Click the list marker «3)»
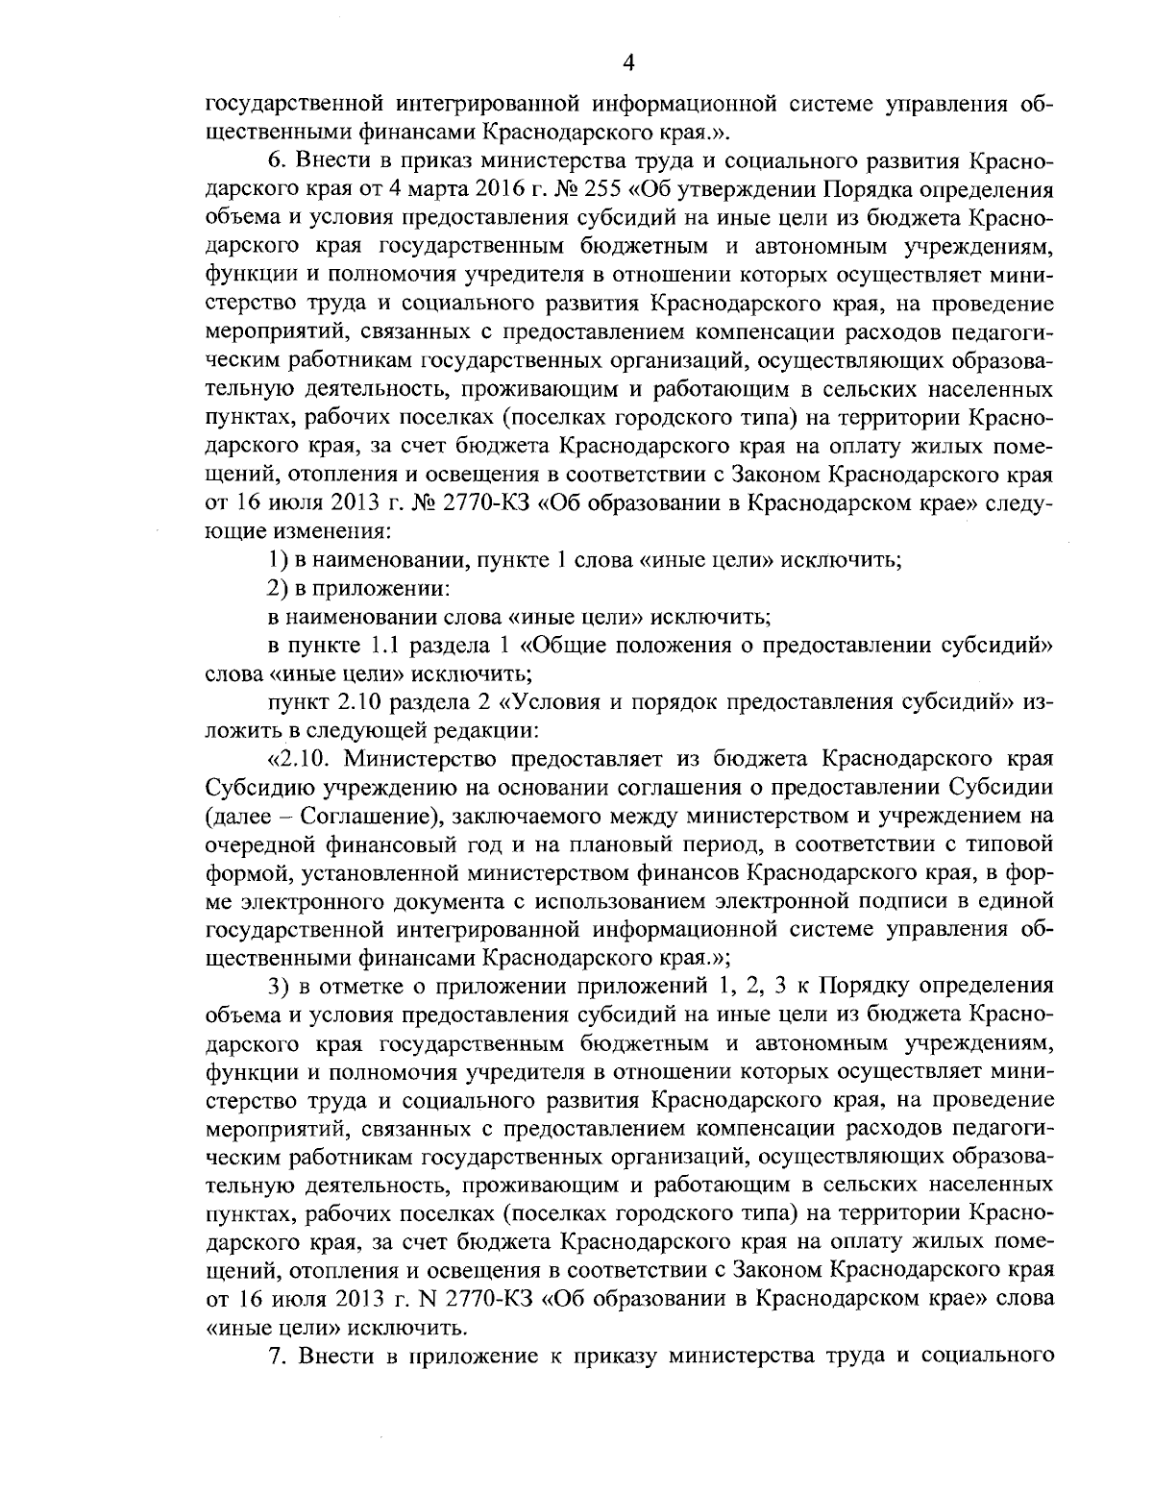tap(280, 987)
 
